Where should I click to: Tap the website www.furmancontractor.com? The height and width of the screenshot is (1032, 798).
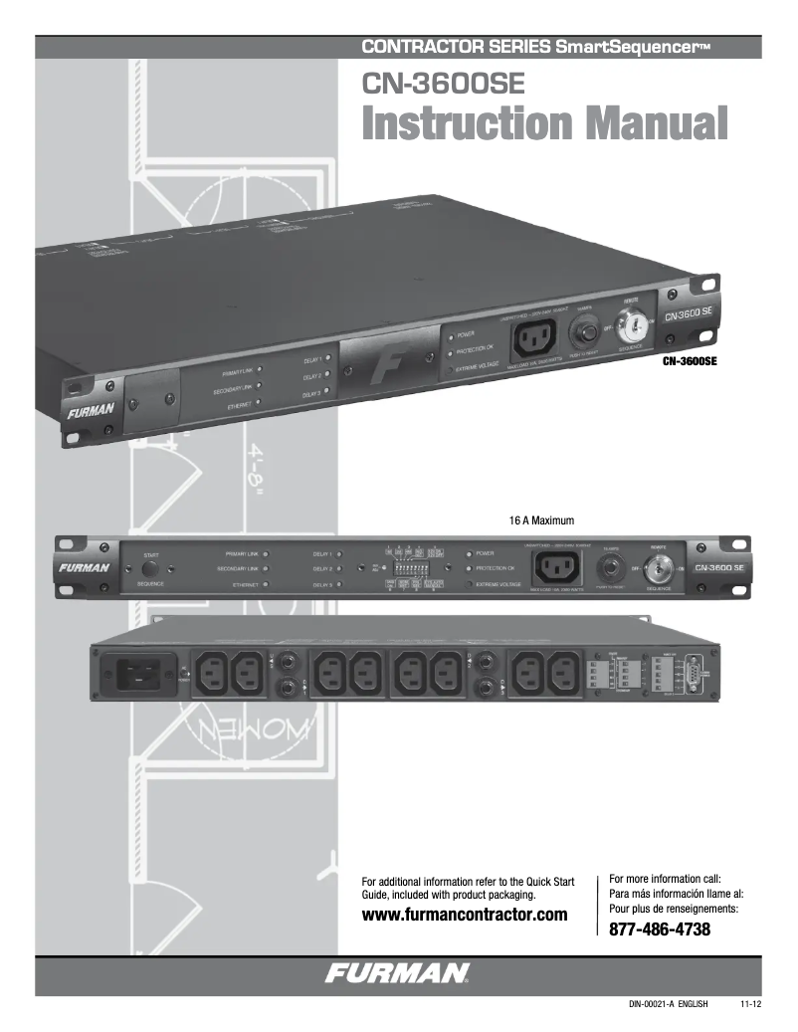(x=465, y=914)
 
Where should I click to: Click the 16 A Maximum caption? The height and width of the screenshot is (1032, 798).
(x=541, y=519)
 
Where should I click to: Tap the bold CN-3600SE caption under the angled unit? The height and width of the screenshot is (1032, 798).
(x=690, y=362)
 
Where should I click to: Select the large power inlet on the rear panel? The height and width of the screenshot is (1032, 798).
(x=142, y=676)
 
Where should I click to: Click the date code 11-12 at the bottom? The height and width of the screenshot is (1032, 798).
(x=750, y=1005)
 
